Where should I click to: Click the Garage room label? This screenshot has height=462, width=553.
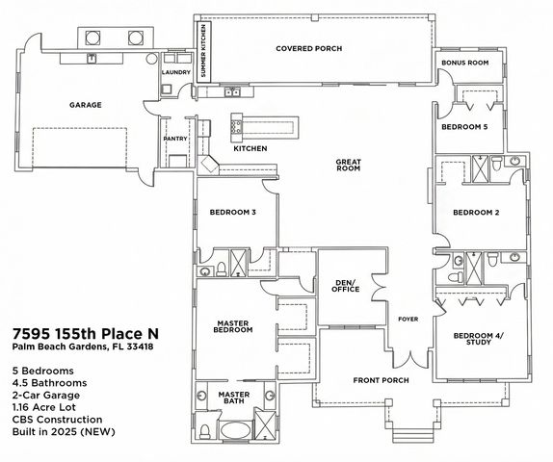(x=86, y=105)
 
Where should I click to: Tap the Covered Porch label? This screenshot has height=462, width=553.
(x=308, y=48)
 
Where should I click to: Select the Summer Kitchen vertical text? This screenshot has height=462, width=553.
(x=203, y=59)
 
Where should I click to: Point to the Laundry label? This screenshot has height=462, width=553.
(x=175, y=71)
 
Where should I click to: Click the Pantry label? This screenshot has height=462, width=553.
(x=174, y=138)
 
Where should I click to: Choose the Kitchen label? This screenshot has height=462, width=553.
(x=250, y=149)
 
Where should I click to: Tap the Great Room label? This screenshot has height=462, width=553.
(x=348, y=165)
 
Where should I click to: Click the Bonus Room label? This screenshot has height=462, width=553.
(x=464, y=63)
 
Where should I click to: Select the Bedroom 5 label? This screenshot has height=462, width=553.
(x=464, y=127)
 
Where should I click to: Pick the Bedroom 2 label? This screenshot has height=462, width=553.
(x=475, y=213)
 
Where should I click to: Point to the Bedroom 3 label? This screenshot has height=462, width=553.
(x=232, y=212)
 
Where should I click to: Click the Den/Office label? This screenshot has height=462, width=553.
(x=345, y=287)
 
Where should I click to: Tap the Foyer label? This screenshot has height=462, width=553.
(x=408, y=318)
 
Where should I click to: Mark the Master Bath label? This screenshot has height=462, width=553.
(x=233, y=398)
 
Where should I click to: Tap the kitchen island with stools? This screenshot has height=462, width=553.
(x=263, y=126)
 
